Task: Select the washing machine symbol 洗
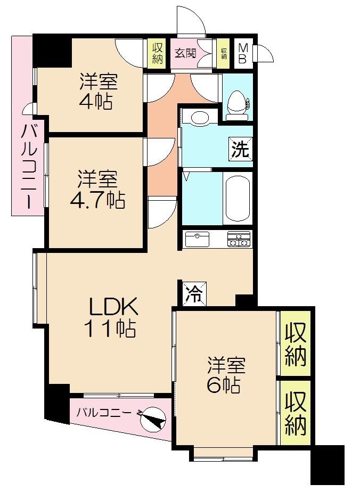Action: tap(240, 149)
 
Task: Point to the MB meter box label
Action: tap(242, 53)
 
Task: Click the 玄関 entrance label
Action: tap(185, 53)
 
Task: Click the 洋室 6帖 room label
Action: tap(226, 375)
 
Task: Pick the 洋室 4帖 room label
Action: tap(98, 92)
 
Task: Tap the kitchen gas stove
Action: tap(239, 239)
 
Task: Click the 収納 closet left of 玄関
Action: tap(157, 53)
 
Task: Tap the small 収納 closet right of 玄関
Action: tap(224, 53)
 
